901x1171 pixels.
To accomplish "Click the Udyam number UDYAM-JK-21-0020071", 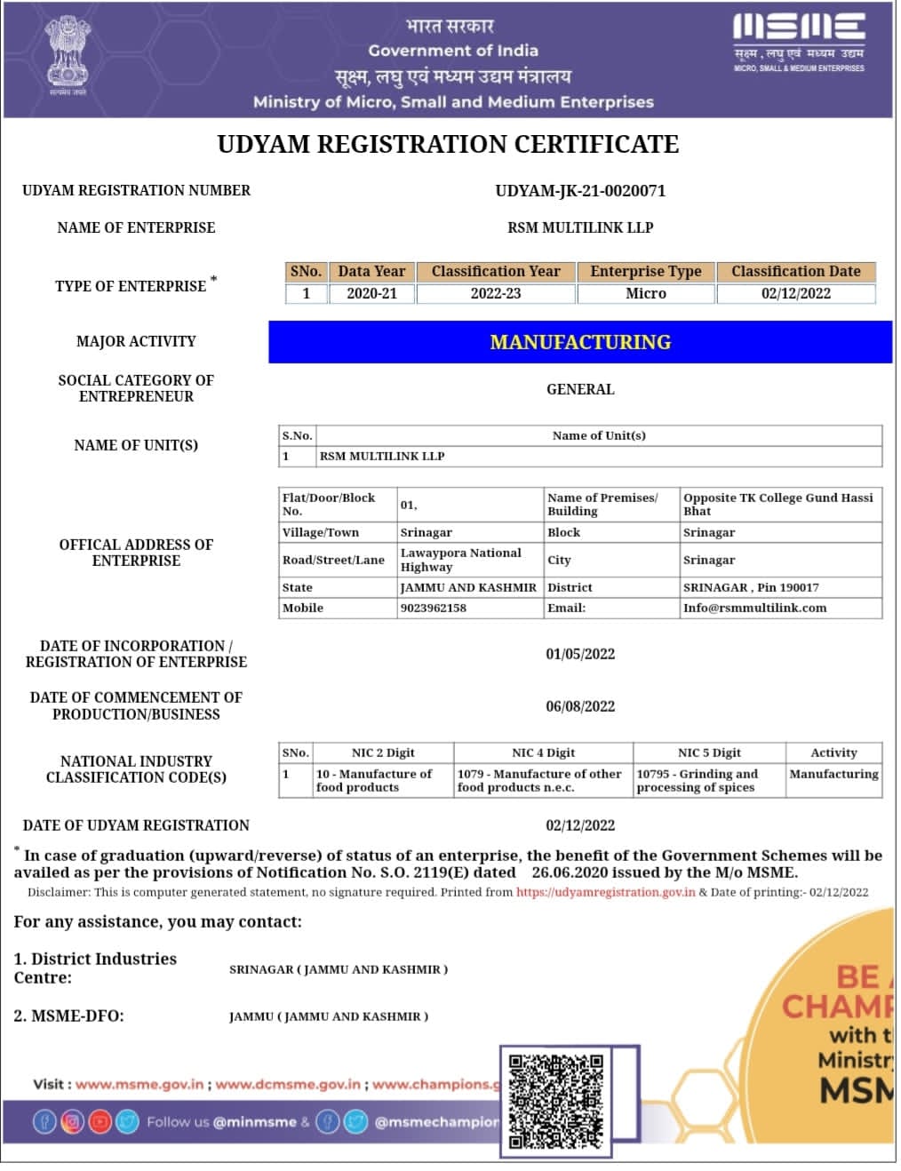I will (x=580, y=190).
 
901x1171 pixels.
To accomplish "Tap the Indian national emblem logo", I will (x=68, y=52).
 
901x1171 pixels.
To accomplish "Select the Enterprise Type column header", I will (x=646, y=271).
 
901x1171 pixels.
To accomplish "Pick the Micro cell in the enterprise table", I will (x=646, y=293).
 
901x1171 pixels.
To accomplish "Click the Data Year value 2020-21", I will (x=371, y=293).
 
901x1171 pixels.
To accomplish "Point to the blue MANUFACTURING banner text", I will (x=580, y=342).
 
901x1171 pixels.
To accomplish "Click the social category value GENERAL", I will (x=580, y=389).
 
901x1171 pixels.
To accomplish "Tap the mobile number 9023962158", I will (x=434, y=608).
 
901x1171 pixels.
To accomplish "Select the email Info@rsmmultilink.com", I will (x=754, y=608).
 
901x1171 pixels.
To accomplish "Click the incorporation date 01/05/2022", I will (x=580, y=654).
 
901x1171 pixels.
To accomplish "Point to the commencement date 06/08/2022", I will (x=580, y=706).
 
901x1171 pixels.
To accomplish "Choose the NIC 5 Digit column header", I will (x=709, y=753).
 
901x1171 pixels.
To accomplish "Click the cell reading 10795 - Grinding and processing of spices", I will (x=698, y=780).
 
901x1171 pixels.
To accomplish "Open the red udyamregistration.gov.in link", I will (x=605, y=892).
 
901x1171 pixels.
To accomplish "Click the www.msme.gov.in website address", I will (x=140, y=1084).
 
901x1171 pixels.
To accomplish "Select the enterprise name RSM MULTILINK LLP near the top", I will (x=580, y=227).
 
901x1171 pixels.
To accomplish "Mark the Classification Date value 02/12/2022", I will (x=796, y=293).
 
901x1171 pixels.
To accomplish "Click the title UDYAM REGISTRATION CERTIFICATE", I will (x=448, y=144).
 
